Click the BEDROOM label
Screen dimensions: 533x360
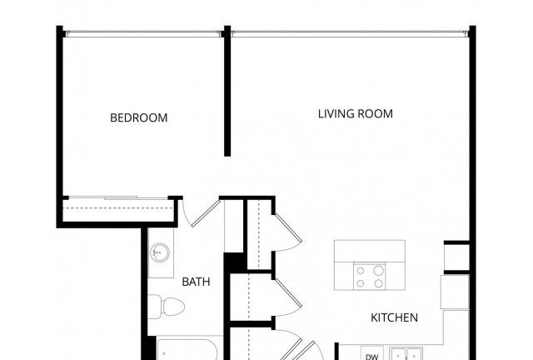tap(139, 117)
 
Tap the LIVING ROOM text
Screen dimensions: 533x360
tap(356, 113)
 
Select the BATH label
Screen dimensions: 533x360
tap(196, 282)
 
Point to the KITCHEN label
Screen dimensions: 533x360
tap(394, 317)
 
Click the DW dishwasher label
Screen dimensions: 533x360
tap(372, 357)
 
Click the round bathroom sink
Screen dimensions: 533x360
tap(159, 252)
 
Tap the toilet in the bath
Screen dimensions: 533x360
tap(167, 307)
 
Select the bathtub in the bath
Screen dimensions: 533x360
tap(187, 349)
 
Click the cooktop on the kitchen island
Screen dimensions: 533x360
tap(370, 276)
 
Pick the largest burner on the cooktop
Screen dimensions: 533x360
tap(379, 271)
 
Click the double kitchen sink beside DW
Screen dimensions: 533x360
tap(406, 354)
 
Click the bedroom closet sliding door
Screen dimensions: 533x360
tap(118, 197)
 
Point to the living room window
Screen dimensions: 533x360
tap(350, 33)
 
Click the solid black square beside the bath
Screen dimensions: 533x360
tap(234, 262)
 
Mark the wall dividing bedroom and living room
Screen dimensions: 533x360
tap(227, 91)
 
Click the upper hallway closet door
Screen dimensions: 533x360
tap(287, 232)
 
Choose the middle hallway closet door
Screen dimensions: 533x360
tap(288, 297)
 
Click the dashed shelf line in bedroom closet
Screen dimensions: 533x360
tap(118, 207)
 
